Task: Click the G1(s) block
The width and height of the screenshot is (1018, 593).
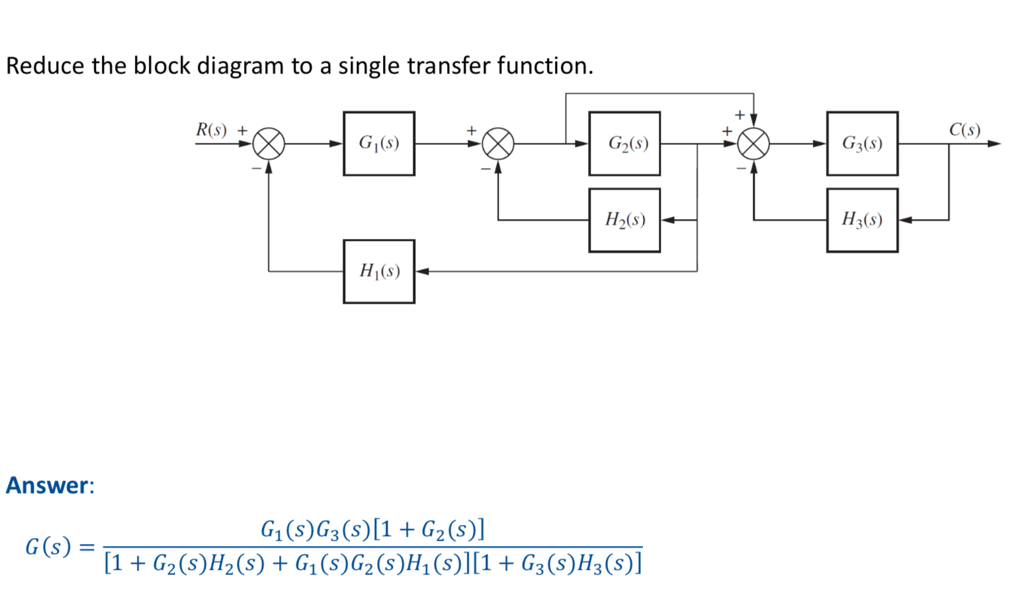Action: click(x=379, y=144)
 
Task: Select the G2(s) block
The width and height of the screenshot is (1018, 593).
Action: click(x=624, y=144)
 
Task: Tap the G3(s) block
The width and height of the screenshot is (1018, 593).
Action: click(x=862, y=144)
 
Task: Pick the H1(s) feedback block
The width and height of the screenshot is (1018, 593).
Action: click(x=379, y=271)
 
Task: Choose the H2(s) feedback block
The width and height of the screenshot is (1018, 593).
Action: click(x=624, y=220)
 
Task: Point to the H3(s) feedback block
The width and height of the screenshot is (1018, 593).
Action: click(x=862, y=220)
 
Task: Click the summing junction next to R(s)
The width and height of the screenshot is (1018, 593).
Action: click(x=269, y=144)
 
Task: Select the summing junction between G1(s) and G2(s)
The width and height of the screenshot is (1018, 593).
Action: click(x=498, y=144)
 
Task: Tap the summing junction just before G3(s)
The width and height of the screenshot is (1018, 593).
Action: click(x=753, y=144)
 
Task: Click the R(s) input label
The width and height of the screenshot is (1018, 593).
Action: click(x=211, y=130)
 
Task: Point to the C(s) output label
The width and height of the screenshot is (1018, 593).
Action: click(x=964, y=130)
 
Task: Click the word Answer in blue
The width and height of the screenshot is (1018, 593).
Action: click(x=47, y=485)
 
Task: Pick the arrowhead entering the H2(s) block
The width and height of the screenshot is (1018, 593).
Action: click(x=668, y=220)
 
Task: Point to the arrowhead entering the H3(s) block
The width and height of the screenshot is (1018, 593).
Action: click(x=906, y=220)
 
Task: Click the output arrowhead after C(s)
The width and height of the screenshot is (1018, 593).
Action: click(x=994, y=144)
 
